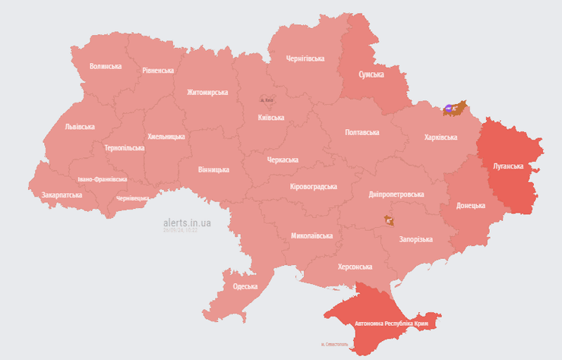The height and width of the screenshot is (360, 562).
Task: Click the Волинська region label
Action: [x=105, y=66]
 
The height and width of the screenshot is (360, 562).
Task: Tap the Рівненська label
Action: [x=158, y=70]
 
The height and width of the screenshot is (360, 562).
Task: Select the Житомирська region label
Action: [x=207, y=92]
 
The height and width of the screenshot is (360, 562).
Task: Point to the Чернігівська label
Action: [x=305, y=58]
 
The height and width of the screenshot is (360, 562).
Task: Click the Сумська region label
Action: [x=371, y=74]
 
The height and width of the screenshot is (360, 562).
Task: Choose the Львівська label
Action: [x=80, y=127]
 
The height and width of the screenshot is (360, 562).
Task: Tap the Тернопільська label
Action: [x=124, y=147]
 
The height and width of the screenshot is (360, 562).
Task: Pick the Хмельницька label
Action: [x=166, y=136]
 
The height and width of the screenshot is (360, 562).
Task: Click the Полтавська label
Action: [x=362, y=132]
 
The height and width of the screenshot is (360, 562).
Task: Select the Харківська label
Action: [x=440, y=137]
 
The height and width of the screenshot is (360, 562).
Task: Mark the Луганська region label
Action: [x=508, y=165]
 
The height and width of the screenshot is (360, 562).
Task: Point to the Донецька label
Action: [x=471, y=206]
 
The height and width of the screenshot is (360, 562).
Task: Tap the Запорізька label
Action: [x=415, y=238]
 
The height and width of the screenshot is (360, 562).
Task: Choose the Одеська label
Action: [x=245, y=286]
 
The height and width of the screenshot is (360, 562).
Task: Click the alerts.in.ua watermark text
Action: [x=187, y=223]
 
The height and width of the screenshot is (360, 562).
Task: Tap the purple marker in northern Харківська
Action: [x=448, y=109]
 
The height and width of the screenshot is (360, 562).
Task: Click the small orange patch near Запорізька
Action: [x=390, y=219]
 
